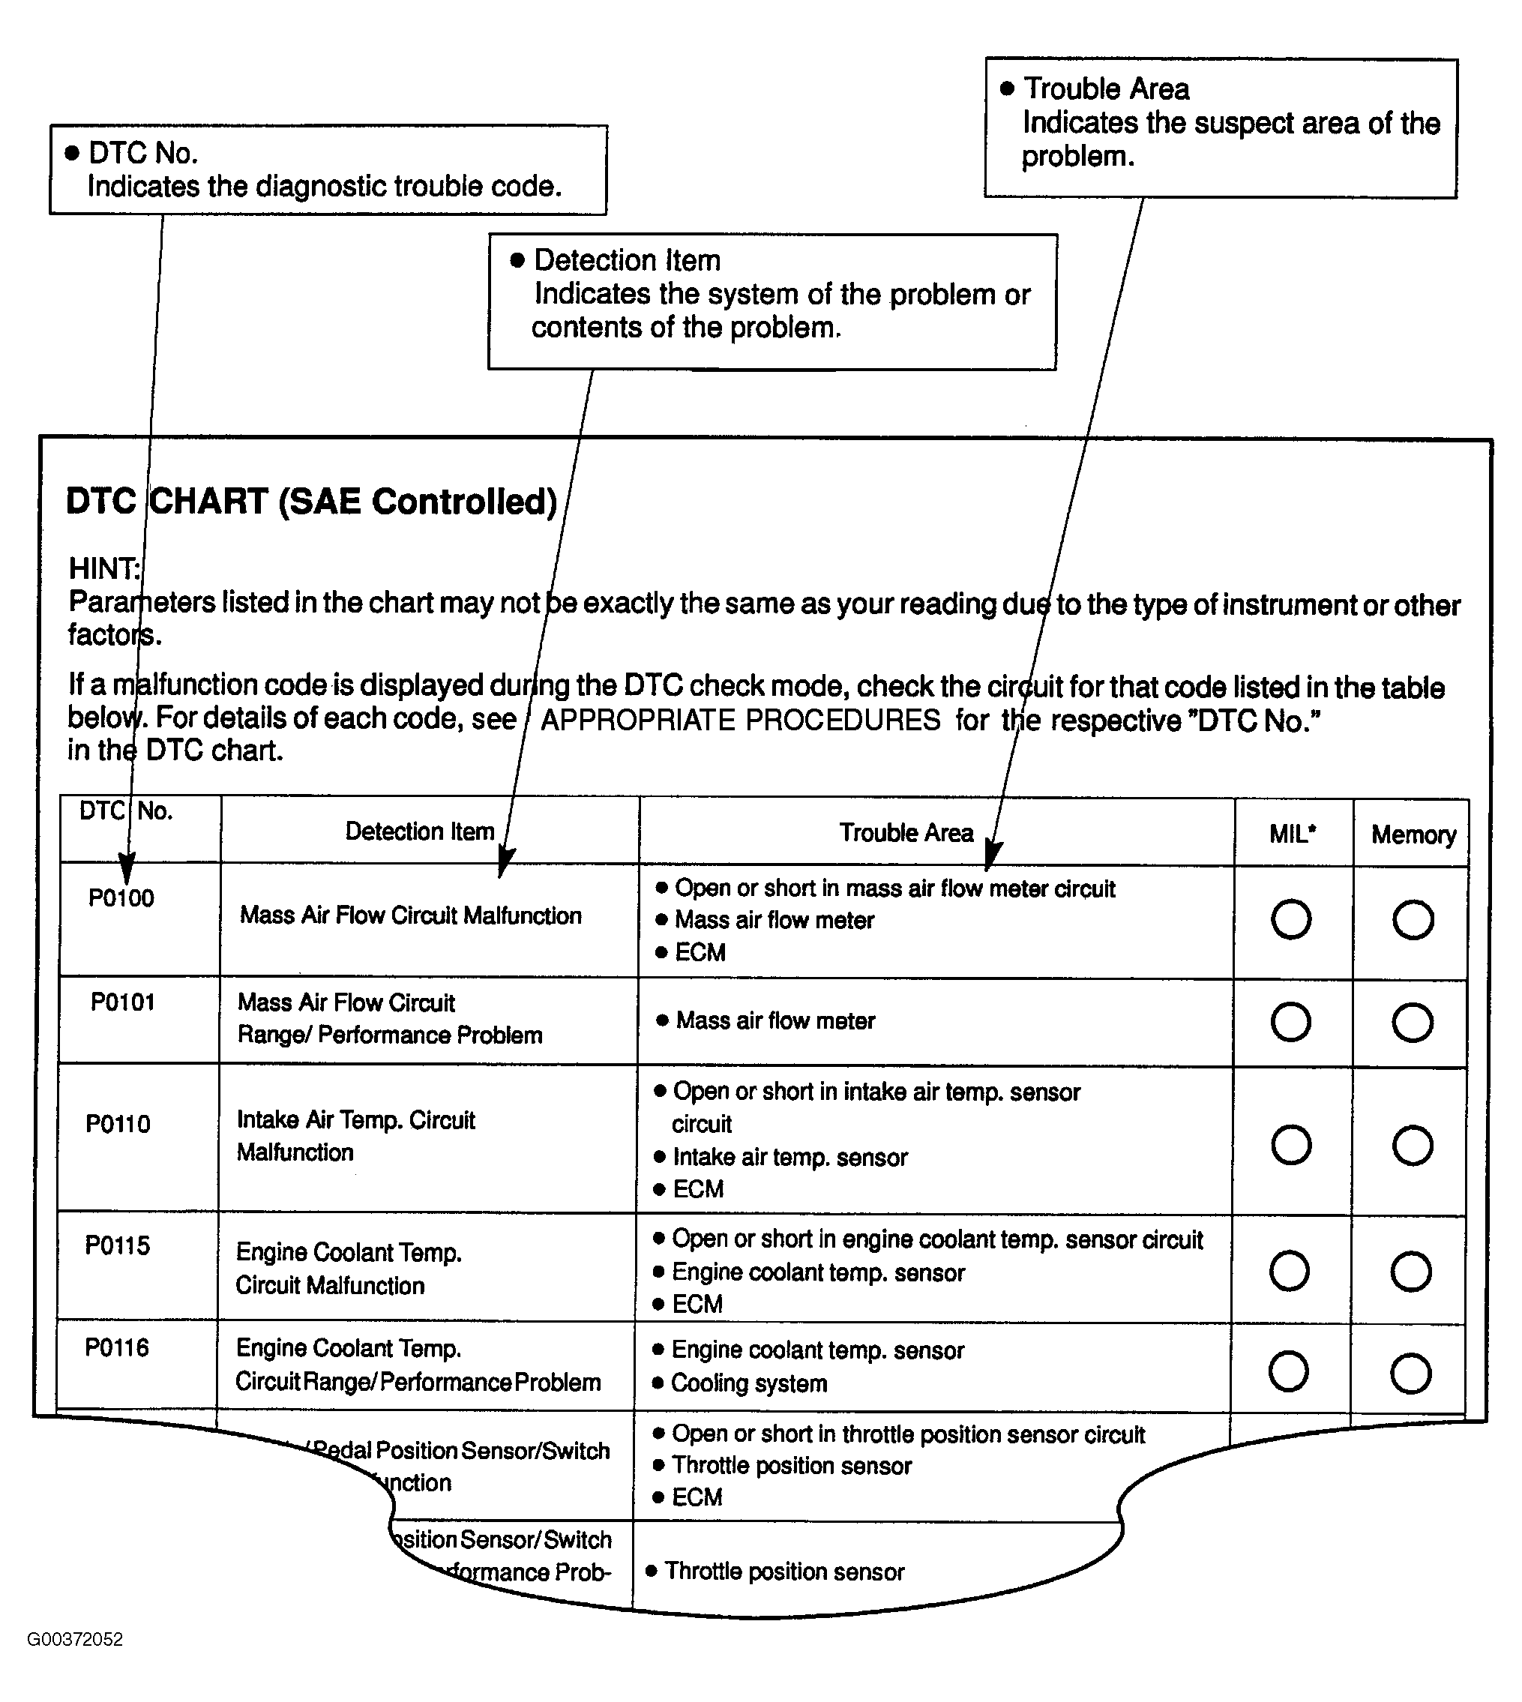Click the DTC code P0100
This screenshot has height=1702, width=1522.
point(121,898)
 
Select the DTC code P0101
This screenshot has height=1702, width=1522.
point(123,1002)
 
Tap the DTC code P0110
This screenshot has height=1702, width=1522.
point(118,1123)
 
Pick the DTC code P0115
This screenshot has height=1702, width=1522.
point(118,1245)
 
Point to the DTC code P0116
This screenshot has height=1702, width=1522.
point(117,1347)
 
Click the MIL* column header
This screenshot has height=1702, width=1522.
point(1292,834)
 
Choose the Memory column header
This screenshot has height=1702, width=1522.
point(1413,835)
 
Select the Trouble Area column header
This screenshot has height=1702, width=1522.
point(906,833)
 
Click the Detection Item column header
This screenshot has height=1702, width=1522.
point(420,832)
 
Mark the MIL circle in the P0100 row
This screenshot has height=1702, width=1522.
point(1291,919)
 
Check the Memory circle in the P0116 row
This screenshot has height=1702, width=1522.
point(1411,1373)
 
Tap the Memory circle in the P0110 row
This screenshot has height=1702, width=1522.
point(1413,1145)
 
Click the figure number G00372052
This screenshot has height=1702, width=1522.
point(75,1639)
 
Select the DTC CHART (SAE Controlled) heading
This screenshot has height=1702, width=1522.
point(311,502)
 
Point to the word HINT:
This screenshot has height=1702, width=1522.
point(104,569)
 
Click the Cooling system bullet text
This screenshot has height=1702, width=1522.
point(749,1383)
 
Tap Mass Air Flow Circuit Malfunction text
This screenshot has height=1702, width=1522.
point(411,915)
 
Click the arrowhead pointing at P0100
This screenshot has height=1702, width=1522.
point(126,868)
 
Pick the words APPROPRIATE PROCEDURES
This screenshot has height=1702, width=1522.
point(740,720)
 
